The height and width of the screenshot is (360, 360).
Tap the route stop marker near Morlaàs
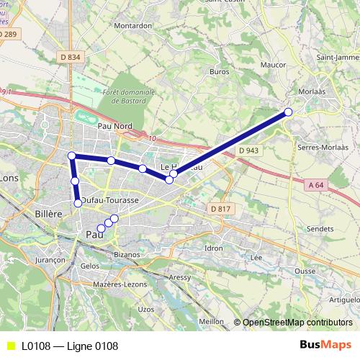tap(289, 112)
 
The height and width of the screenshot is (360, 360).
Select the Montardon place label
tap(132, 25)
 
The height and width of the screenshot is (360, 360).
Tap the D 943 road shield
tap(251, 150)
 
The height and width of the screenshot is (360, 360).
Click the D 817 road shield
tap(221, 209)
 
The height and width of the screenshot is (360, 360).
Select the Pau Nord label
tap(114, 126)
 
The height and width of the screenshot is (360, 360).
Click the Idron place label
tap(214, 248)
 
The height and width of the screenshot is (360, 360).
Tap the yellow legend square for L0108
tap(9, 346)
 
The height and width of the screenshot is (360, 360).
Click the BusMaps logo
tap(325, 346)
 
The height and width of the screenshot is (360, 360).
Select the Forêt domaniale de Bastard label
tap(129, 97)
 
